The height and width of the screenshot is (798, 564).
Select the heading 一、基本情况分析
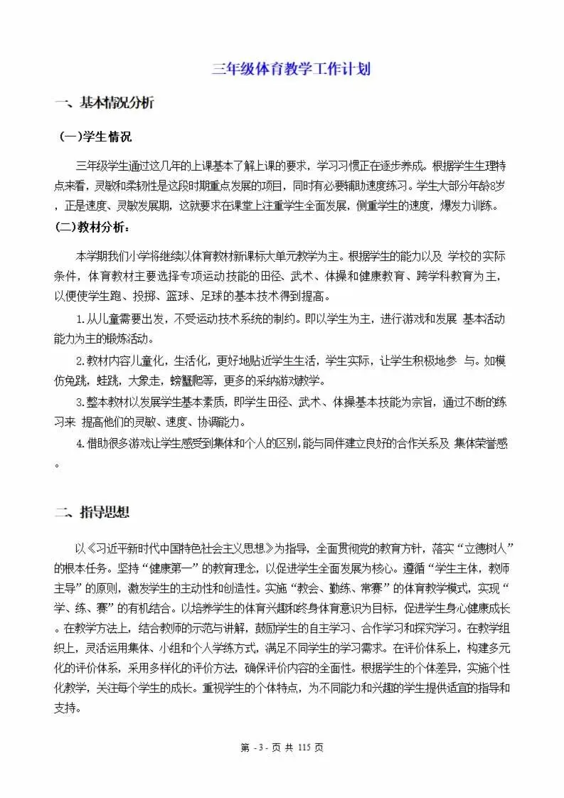point(105,103)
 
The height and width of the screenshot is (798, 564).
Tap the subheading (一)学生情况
point(95,137)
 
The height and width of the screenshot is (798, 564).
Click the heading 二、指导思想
point(92,513)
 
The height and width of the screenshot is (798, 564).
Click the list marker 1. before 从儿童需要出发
point(80,319)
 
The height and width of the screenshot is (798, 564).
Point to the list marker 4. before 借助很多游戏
point(80,443)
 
